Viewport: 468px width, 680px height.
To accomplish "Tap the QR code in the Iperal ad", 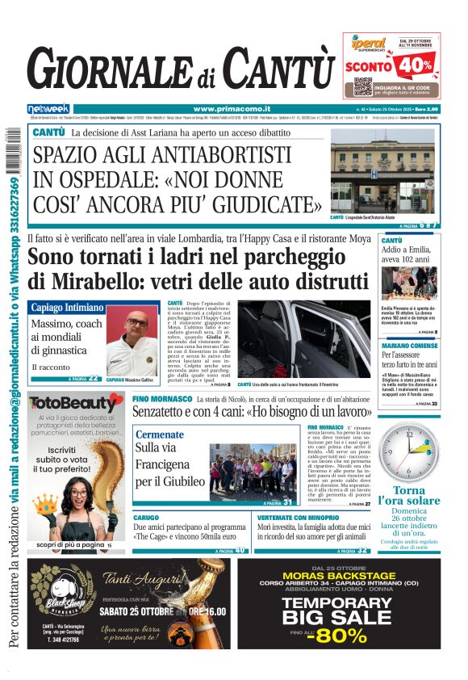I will point(363,86).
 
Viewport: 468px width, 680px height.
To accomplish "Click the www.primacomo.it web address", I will point(232,109).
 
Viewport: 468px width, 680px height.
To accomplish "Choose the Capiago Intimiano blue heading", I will point(68,308).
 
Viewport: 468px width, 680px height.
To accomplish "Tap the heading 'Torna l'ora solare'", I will point(415,497).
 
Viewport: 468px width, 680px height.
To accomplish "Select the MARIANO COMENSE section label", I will point(408,346).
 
